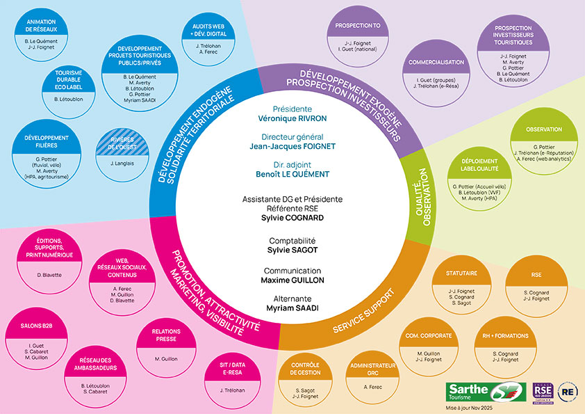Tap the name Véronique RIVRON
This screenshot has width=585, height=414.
[292, 119]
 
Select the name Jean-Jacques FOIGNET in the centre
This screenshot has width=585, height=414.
[292, 147]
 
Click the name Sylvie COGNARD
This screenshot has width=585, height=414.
[292, 218]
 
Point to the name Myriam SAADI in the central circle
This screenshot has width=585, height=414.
[292, 308]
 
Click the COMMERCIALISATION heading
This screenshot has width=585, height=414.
[436, 63]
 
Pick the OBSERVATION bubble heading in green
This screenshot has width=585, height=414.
[544, 129]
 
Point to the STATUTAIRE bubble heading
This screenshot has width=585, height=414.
[462, 273]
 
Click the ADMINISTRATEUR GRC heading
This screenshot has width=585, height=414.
[373, 368]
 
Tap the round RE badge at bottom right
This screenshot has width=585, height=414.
[568, 392]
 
